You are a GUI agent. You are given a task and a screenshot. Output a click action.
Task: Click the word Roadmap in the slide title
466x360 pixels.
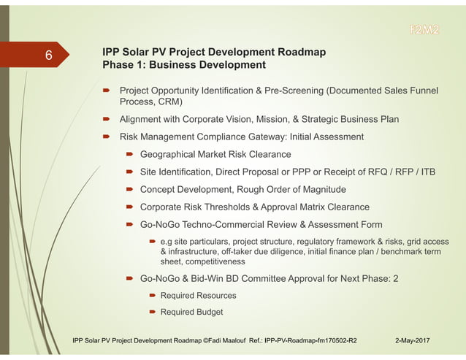coord(298,52)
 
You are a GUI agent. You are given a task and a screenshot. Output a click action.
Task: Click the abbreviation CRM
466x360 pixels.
coord(168,102)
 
